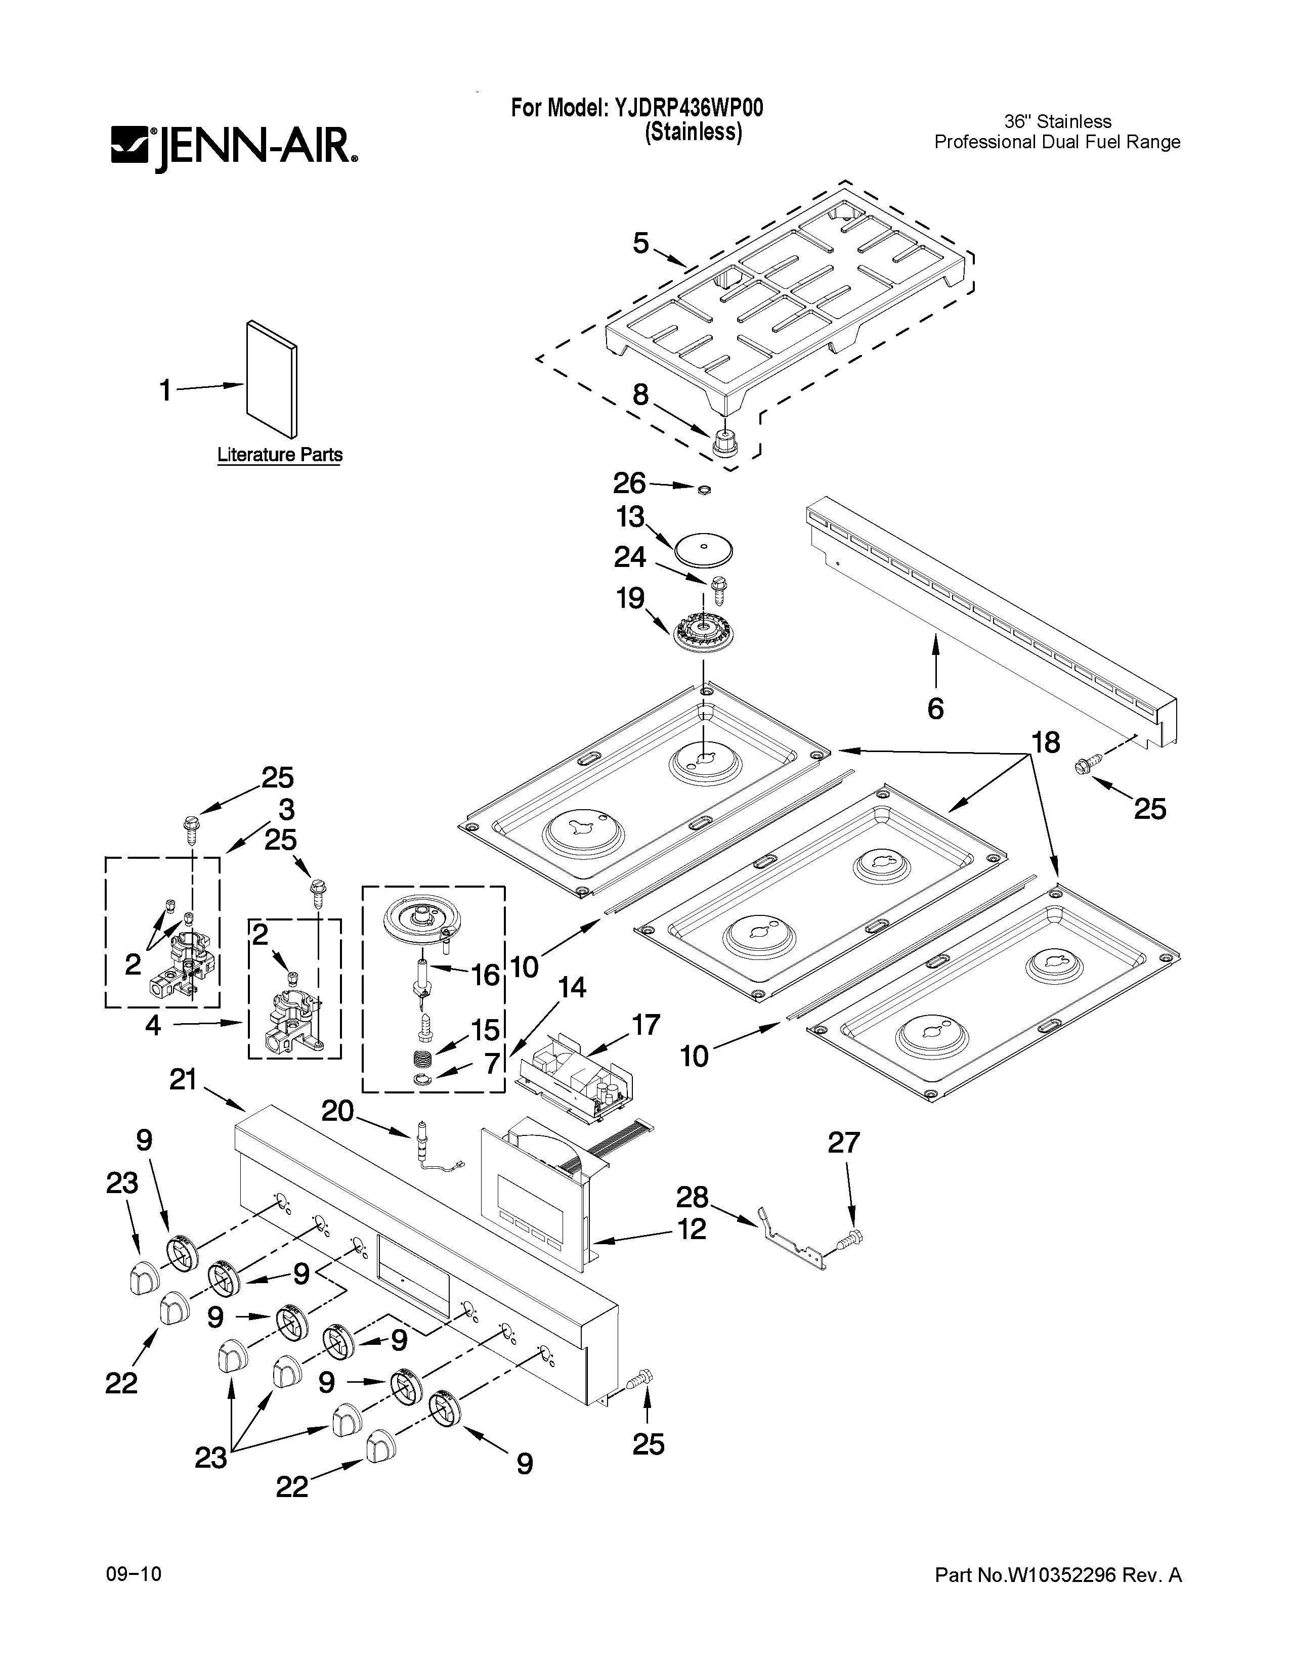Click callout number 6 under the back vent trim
coord(935,709)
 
